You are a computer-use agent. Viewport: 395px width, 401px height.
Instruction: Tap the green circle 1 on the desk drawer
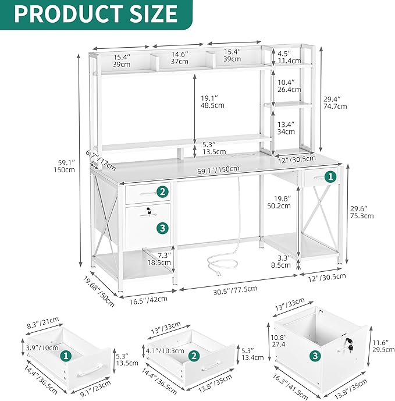point(329,176)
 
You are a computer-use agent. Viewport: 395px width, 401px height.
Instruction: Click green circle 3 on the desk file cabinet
point(162,228)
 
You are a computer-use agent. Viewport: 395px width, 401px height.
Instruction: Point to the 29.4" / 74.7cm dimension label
point(335,103)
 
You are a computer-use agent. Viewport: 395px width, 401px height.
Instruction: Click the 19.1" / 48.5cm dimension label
point(212,102)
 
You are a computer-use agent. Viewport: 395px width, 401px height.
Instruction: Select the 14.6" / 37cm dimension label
point(179,58)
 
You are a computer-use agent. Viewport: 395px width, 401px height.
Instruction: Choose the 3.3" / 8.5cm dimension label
point(282,261)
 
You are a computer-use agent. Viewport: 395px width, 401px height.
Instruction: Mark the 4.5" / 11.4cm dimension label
point(289,57)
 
